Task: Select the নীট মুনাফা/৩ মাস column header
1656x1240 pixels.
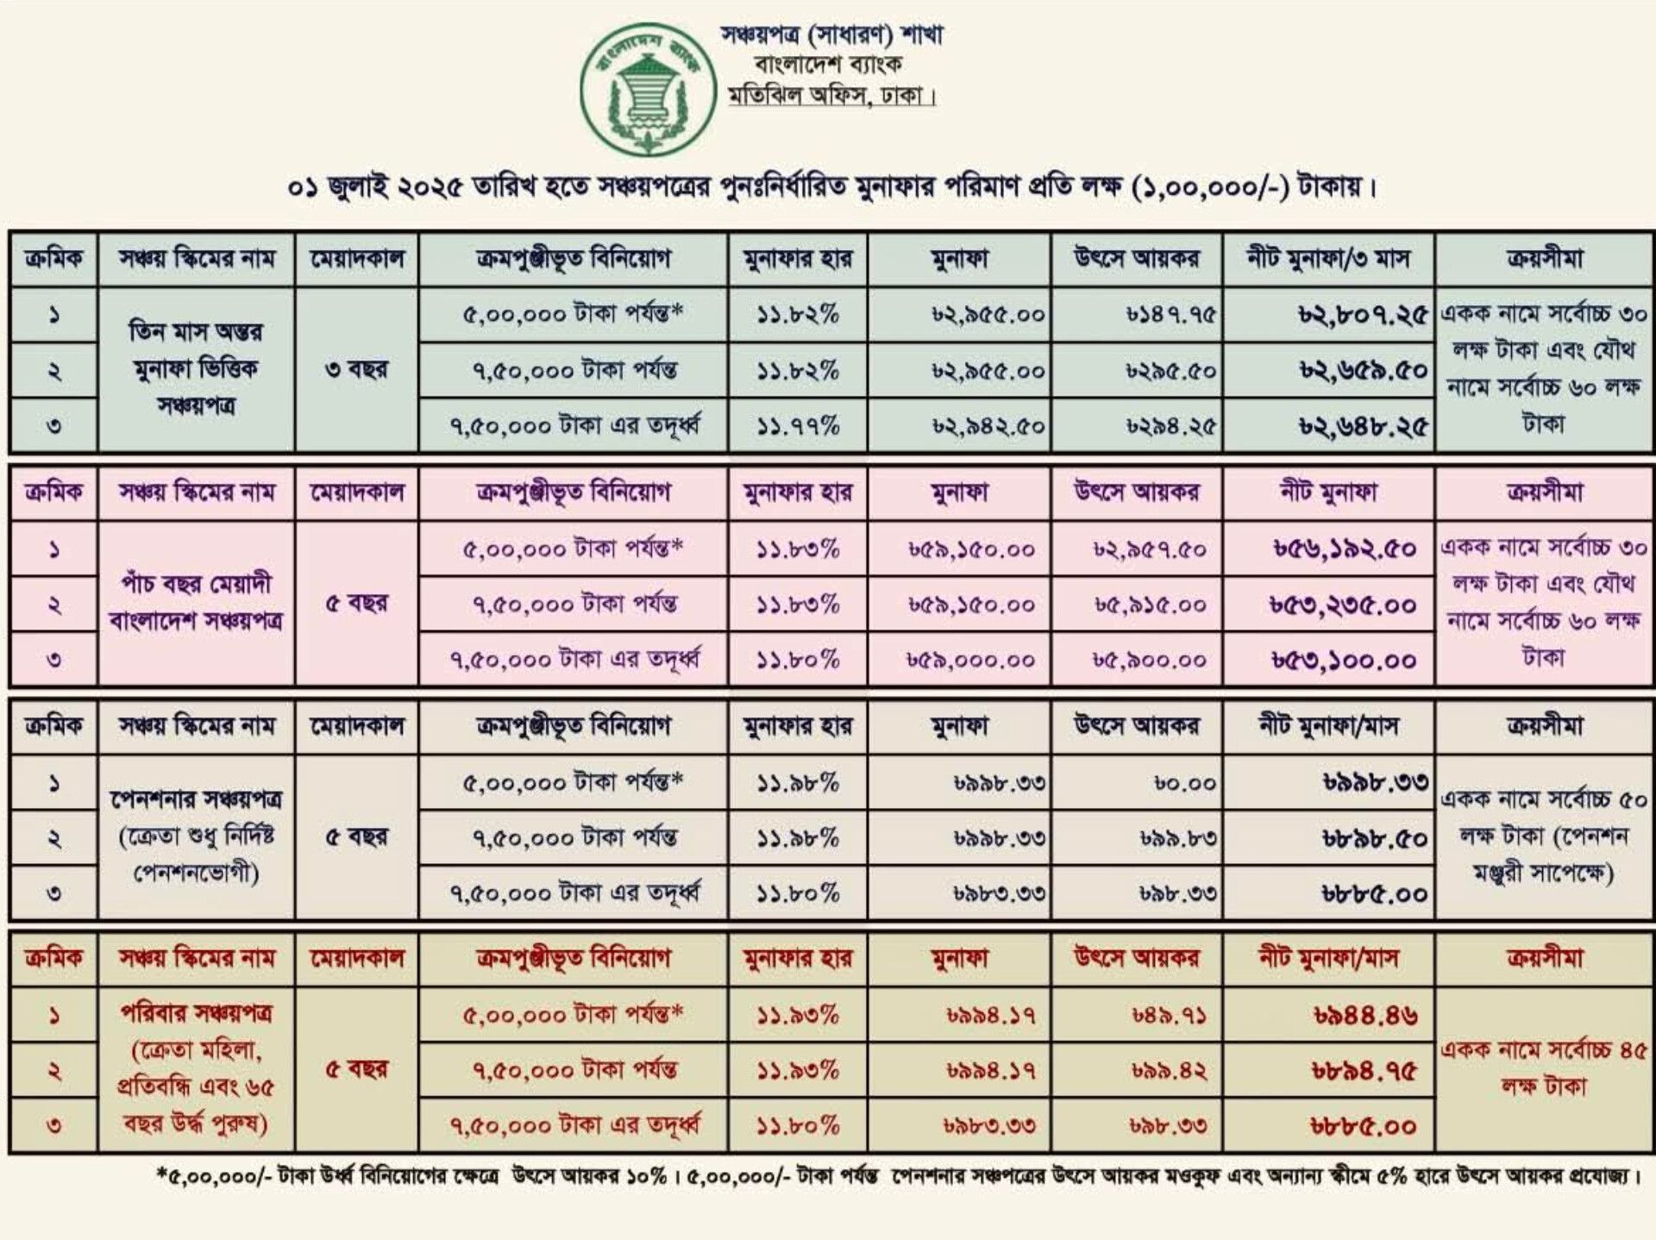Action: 1328,259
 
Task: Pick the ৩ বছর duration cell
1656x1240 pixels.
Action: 356,370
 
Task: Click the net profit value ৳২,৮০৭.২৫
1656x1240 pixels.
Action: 1363,316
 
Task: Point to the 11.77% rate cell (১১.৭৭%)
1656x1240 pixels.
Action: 798,426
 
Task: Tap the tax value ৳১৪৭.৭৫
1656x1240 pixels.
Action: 1170,316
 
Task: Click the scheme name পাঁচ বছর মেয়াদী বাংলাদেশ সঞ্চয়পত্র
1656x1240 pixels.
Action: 196,603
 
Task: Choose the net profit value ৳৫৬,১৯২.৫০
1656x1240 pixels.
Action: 1345,549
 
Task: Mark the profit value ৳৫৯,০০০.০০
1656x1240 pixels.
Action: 970,661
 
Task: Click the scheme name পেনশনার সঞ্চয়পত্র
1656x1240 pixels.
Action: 196,800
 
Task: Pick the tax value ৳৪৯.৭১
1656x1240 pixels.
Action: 1169,1016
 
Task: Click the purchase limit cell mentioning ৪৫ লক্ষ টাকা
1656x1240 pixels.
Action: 1543,1068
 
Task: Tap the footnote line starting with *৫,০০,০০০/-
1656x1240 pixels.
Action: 897,1176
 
